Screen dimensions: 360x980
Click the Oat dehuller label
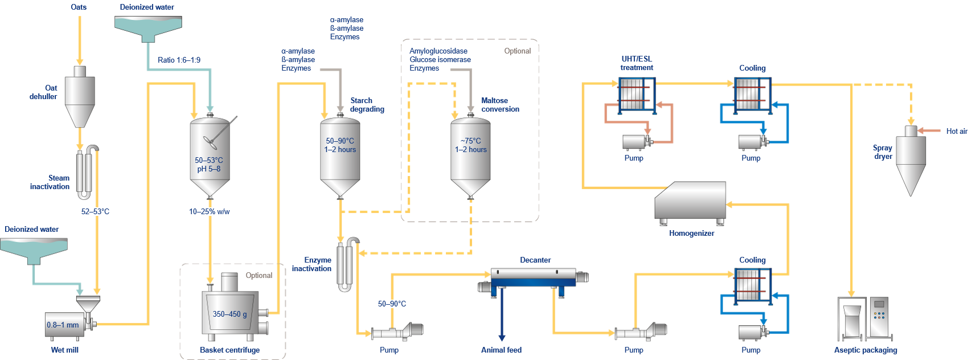(x=44, y=92)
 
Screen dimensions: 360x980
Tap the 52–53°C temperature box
(x=95, y=211)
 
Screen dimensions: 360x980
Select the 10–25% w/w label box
(x=209, y=211)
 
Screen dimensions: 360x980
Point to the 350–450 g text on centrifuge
(x=229, y=314)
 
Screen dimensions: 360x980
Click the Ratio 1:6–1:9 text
(x=179, y=60)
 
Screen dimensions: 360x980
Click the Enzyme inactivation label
(x=312, y=264)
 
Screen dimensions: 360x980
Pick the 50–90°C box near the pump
(x=392, y=304)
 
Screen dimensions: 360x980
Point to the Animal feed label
(x=501, y=350)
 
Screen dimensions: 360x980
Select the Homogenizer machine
(x=690, y=202)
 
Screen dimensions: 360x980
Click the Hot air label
(x=957, y=131)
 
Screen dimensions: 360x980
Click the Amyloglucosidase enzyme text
(x=438, y=51)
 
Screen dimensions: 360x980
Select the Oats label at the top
(x=79, y=7)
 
